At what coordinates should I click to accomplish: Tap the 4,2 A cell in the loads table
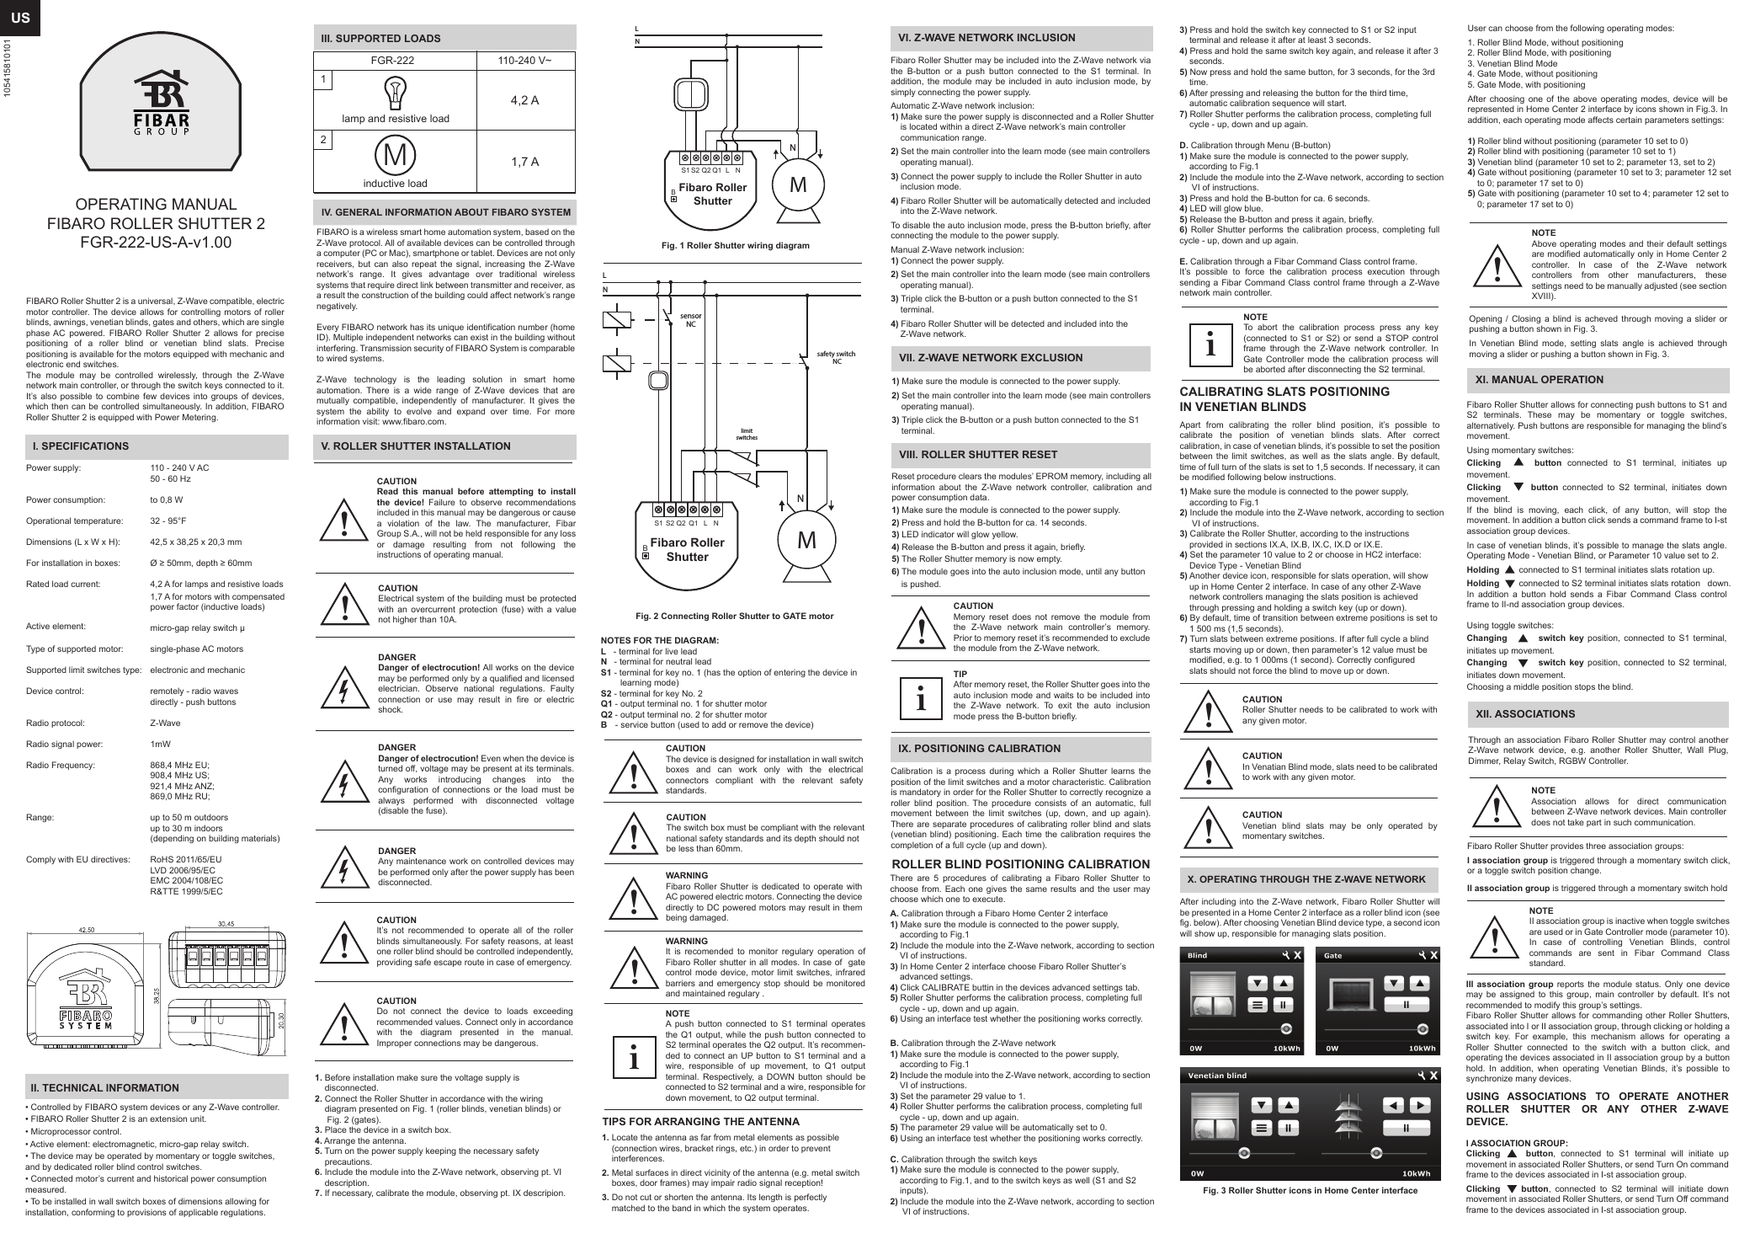524,100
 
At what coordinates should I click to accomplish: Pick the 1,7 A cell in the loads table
524,162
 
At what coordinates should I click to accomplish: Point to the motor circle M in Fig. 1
797,184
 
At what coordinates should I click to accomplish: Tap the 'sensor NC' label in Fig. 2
690,320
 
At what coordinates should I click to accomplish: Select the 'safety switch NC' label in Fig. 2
834,357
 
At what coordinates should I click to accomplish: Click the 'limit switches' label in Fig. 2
747,434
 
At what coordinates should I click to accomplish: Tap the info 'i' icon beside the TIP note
922,698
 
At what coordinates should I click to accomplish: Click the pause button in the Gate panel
1406,1004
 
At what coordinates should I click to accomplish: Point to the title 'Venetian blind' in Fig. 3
1217,1076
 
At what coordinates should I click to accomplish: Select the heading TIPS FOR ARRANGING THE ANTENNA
700,1122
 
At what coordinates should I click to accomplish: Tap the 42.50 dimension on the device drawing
87,930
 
